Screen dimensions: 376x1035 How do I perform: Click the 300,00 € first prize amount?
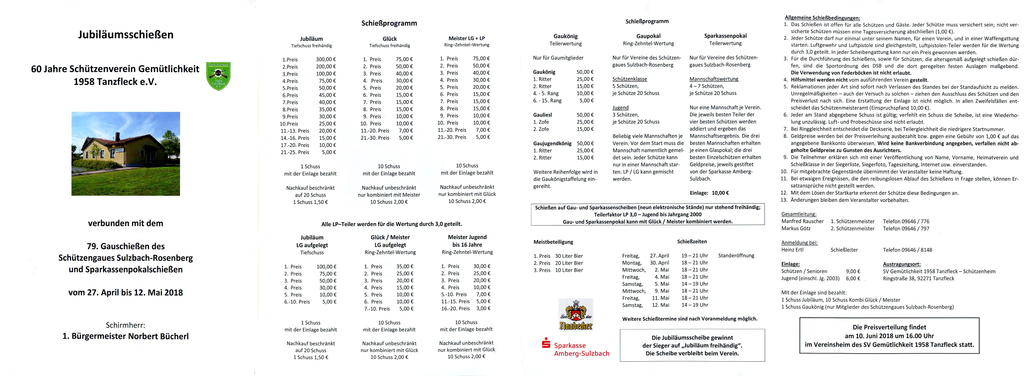tap(326, 60)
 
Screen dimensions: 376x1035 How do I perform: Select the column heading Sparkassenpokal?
tap(725, 36)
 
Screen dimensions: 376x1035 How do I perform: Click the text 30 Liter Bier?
tap(569, 256)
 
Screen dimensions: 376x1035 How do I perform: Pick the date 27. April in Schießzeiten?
tap(659, 255)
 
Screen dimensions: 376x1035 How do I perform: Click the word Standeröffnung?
tap(736, 255)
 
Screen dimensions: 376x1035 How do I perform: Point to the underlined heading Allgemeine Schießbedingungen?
tap(822, 18)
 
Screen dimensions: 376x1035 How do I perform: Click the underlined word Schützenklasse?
tap(630, 79)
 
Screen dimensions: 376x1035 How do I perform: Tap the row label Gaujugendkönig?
tap(552, 143)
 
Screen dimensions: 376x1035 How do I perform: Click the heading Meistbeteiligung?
tap(553, 242)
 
